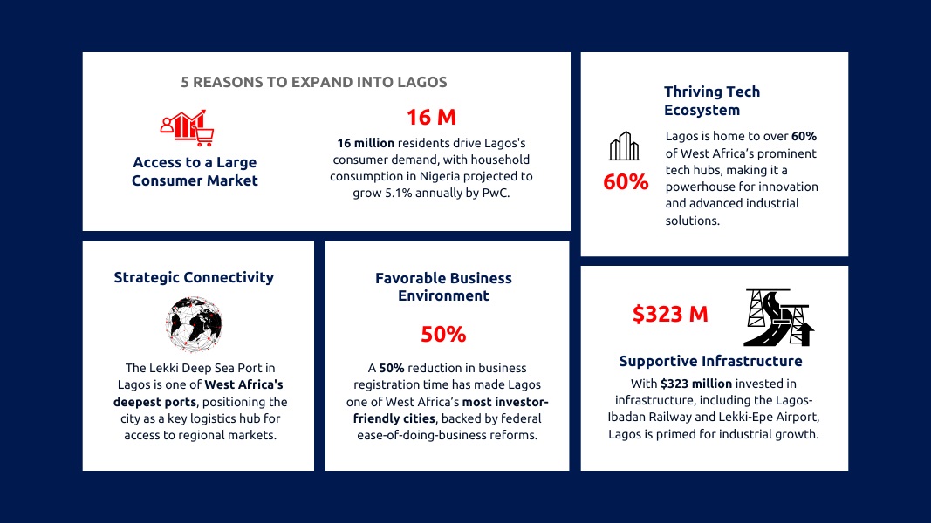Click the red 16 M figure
pos(431,118)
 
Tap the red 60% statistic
pos(626,182)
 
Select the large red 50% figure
pos(443,335)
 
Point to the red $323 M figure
pos(670,314)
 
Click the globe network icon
pos(195,324)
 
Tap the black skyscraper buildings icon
pos(624,146)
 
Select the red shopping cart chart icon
pos(187,127)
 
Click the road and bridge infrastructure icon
pos(779,316)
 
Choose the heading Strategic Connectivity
pos(195,277)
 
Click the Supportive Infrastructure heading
pos(711,361)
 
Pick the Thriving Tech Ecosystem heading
pos(712,101)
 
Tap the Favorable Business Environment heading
pos(443,287)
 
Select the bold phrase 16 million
pos(366,143)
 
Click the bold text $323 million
pos(696,384)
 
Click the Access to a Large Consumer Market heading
pos(195,172)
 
